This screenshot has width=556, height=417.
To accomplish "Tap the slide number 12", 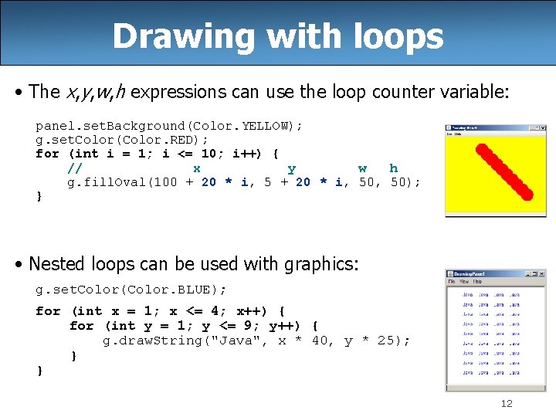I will click(507, 404).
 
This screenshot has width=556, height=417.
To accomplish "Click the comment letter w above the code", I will click(362, 168).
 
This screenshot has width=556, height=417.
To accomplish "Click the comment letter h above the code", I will click(394, 168).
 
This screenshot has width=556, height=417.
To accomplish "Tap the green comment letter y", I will click(291, 168).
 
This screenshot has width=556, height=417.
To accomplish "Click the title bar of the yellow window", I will click(495, 127).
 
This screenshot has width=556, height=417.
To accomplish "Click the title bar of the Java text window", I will click(495, 274).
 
